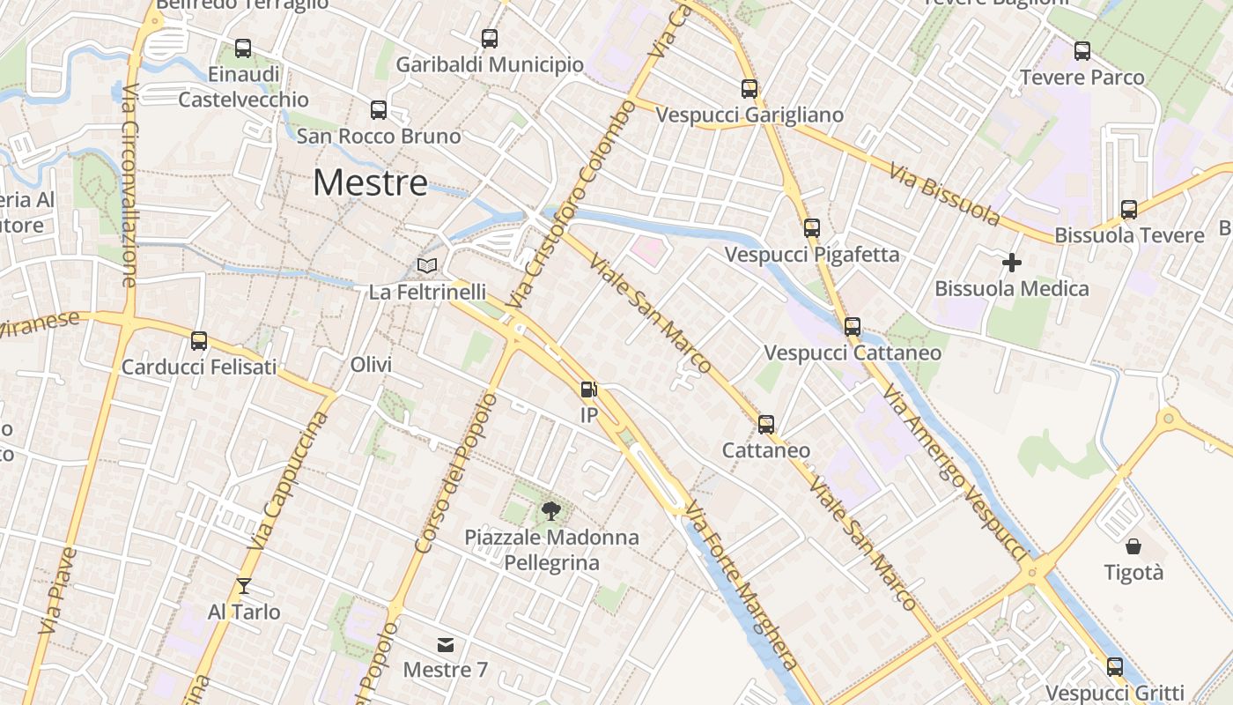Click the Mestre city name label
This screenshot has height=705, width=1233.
coord(370,183)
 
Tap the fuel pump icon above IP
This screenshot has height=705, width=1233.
coord(588,390)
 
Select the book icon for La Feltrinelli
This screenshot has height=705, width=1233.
coord(427,265)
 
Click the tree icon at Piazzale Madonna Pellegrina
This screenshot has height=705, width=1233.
coord(551,510)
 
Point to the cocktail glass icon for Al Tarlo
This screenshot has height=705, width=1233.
coord(244,586)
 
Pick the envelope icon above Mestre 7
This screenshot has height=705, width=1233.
coord(446,645)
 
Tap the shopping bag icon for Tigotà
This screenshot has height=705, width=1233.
coord(1133,546)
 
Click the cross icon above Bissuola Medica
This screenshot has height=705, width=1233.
coord(1012,262)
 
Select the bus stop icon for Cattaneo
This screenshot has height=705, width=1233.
coord(766,425)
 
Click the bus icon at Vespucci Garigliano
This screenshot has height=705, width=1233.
coord(749,89)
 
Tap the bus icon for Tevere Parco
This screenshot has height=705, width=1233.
coord(1082,51)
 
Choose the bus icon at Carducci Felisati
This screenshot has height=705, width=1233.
coord(199,341)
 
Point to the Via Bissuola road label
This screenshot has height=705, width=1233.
coord(944,194)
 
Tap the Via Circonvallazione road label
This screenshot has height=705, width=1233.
coord(130,185)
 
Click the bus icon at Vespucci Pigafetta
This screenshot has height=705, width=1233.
coord(812,228)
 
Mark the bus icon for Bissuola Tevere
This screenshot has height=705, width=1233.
coord(1129,210)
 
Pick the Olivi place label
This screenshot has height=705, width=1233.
coord(371,365)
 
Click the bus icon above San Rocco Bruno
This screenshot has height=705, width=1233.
coord(379,110)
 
